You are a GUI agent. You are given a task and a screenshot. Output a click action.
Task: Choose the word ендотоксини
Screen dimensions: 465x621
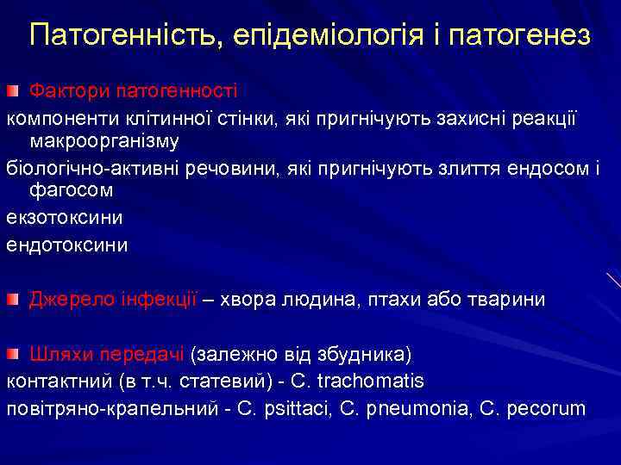[66, 245]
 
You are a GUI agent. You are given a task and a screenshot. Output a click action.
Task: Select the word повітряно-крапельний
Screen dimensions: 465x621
[111, 407]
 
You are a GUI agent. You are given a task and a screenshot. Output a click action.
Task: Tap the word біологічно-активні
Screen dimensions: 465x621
[94, 166]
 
